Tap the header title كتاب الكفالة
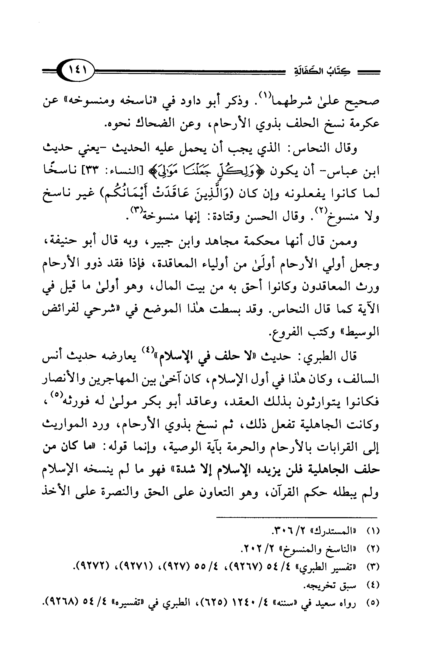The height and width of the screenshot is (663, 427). pos(322,72)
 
